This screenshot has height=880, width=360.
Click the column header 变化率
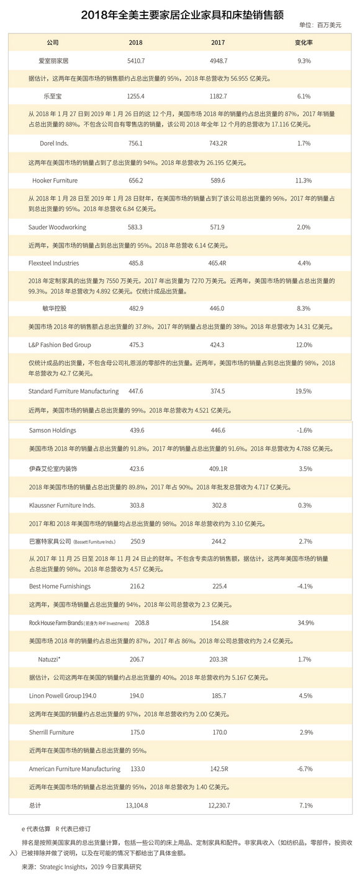(x=303, y=43)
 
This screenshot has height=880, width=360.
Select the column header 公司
(x=53, y=43)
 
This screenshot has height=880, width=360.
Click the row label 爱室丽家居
(x=53, y=61)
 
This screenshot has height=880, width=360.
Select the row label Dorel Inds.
(x=53, y=143)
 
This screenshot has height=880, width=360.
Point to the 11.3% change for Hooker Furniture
(x=304, y=181)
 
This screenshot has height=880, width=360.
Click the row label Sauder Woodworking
(x=58, y=227)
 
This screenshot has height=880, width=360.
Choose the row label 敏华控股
(x=53, y=308)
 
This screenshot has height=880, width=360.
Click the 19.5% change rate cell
(x=304, y=391)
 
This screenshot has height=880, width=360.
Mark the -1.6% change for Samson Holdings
(x=304, y=429)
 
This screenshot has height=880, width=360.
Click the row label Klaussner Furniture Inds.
(x=62, y=505)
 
